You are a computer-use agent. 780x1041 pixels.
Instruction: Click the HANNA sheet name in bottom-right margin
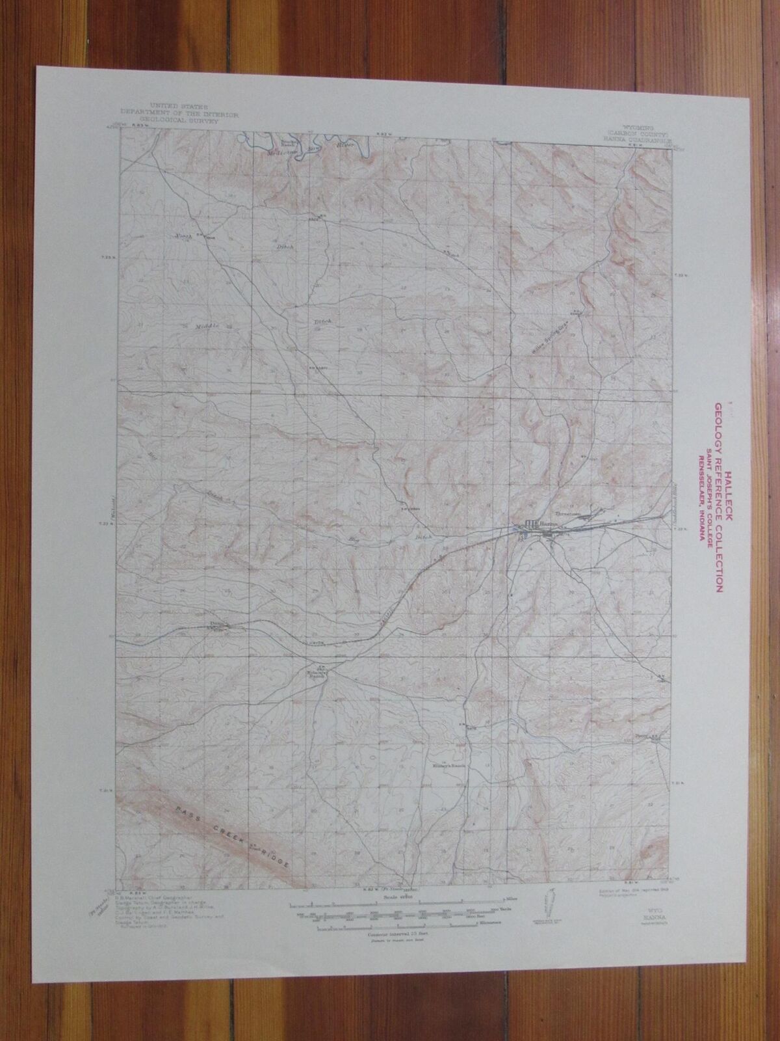[640, 913]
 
